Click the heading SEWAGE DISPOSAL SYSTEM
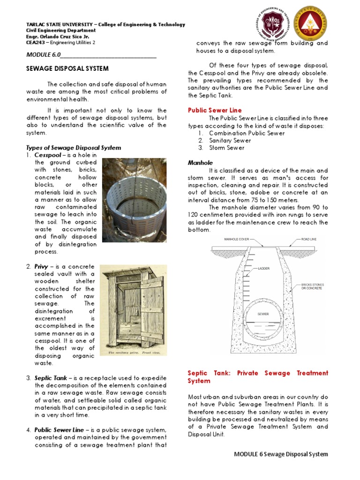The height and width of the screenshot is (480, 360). [67, 68]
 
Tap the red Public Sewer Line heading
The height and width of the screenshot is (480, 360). [215, 110]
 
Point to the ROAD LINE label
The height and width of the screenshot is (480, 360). [309, 239]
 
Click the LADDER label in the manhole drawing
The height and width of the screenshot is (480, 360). [263, 269]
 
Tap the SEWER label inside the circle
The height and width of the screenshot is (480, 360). [263, 314]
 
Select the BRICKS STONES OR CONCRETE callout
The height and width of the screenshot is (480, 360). [312, 286]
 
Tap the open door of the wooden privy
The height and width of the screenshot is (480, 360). [150, 305]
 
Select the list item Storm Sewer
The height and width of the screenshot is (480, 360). [226, 148]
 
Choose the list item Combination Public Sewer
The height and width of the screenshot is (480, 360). [247, 133]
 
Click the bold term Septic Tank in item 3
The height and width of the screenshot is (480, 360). [50, 378]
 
